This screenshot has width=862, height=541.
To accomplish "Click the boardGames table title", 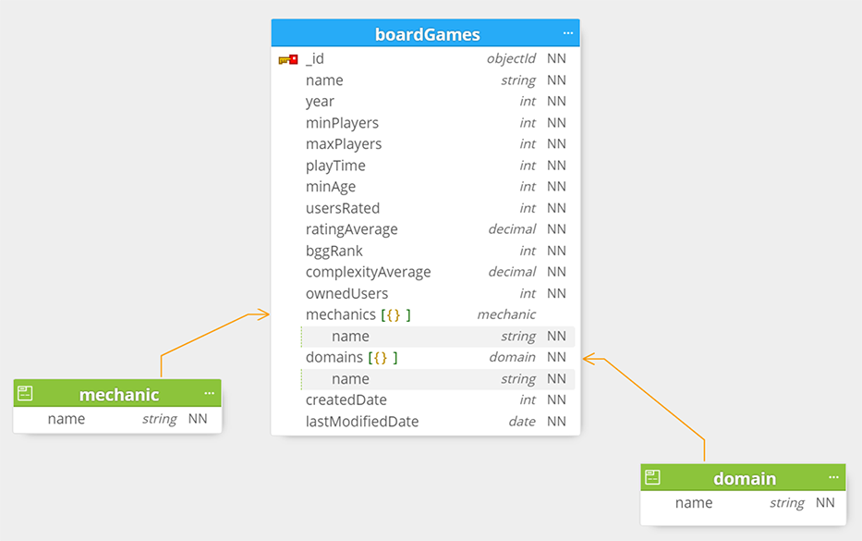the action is (427, 34).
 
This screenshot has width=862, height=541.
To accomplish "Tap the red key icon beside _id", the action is (288, 59).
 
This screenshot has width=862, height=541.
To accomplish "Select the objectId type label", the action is (511, 58).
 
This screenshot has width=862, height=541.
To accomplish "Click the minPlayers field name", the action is (342, 123).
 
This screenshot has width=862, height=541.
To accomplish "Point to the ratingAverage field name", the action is (351, 229).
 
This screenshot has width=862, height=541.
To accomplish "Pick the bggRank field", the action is (334, 251).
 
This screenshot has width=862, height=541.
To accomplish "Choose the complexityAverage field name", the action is (368, 273).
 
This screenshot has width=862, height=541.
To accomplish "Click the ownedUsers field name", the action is (346, 293).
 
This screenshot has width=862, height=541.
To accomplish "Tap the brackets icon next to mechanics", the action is (395, 314).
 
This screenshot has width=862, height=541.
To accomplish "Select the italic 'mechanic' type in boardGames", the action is (505, 314).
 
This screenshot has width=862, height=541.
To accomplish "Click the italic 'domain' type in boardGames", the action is (512, 357).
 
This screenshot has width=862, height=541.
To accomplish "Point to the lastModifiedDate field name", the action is (362, 422).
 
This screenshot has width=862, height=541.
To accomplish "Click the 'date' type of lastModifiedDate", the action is (522, 422).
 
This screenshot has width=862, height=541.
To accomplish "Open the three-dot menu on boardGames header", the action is (568, 33).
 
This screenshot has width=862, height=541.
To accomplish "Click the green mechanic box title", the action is (119, 395).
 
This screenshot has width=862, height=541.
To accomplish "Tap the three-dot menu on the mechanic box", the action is (209, 393).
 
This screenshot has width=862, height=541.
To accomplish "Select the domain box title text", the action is (745, 479).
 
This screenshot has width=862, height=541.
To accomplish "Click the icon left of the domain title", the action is (652, 477).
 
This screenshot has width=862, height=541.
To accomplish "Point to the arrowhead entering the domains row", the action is (589, 360).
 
